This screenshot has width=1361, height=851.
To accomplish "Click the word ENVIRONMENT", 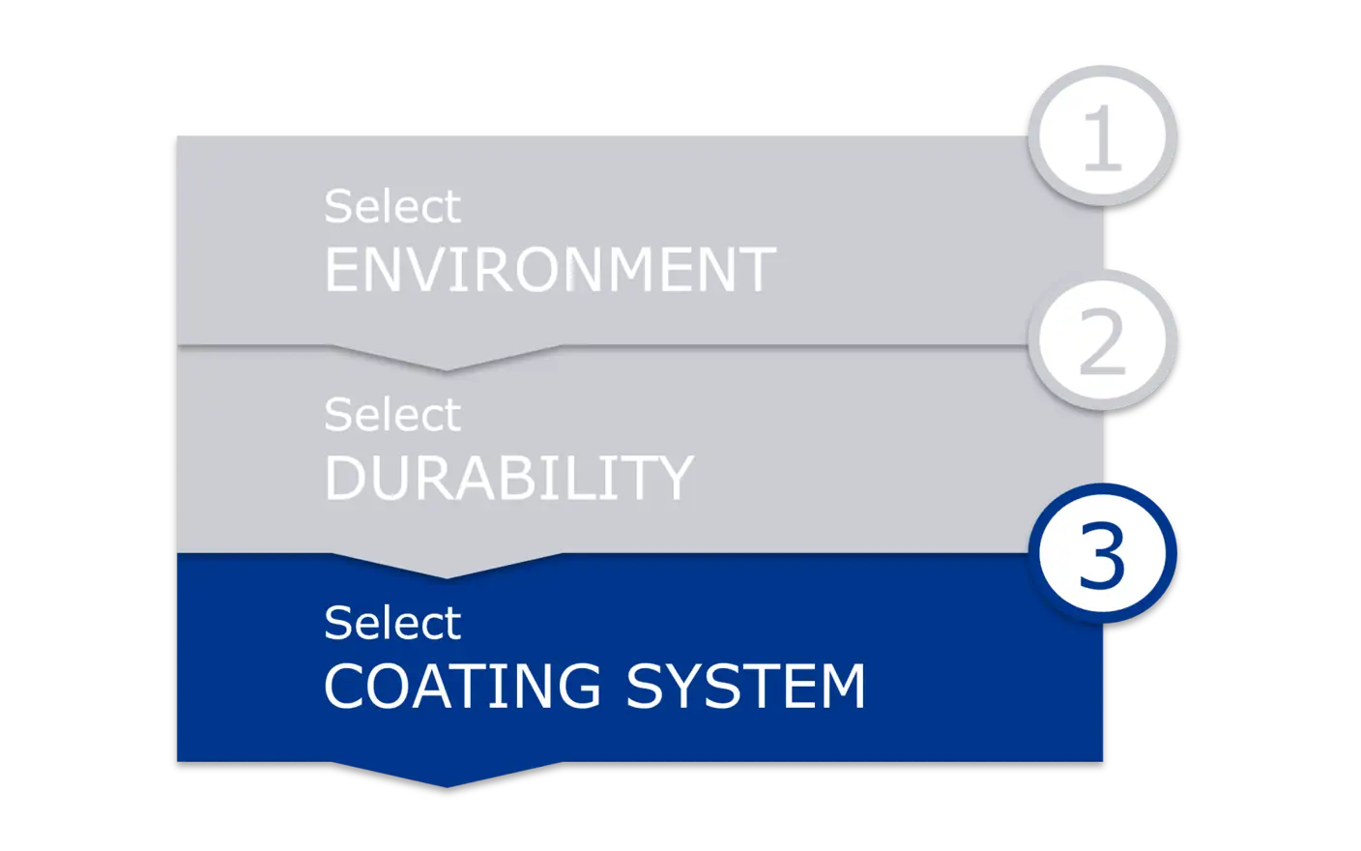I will [x=550, y=270].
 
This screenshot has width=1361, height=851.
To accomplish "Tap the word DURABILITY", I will [x=508, y=478].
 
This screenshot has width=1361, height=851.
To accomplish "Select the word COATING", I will [x=462, y=686].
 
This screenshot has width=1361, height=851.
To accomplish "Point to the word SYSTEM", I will [x=745, y=686].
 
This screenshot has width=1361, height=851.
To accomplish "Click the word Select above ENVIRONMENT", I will [x=392, y=207].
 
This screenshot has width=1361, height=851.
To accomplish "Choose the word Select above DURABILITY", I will [x=392, y=415].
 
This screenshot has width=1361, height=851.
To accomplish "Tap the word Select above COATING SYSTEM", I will [x=392, y=623].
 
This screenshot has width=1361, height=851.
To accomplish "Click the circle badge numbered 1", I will [x=1102, y=135].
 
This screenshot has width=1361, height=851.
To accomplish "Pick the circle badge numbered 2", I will [x=1102, y=340].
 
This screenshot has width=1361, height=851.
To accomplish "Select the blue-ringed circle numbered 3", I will [x=1102, y=554].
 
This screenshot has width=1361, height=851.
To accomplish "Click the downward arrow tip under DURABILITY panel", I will [x=447, y=572].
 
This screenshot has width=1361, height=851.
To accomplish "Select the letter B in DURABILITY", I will [x=509, y=478].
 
